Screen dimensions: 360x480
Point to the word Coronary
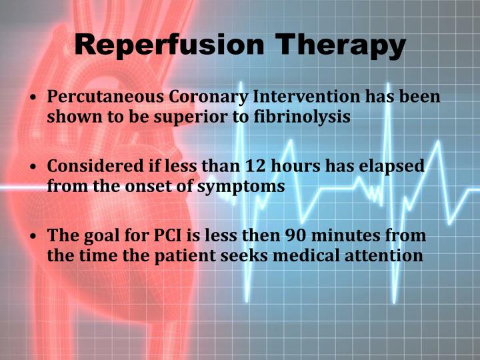(202, 97)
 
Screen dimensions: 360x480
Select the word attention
(386, 256)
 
